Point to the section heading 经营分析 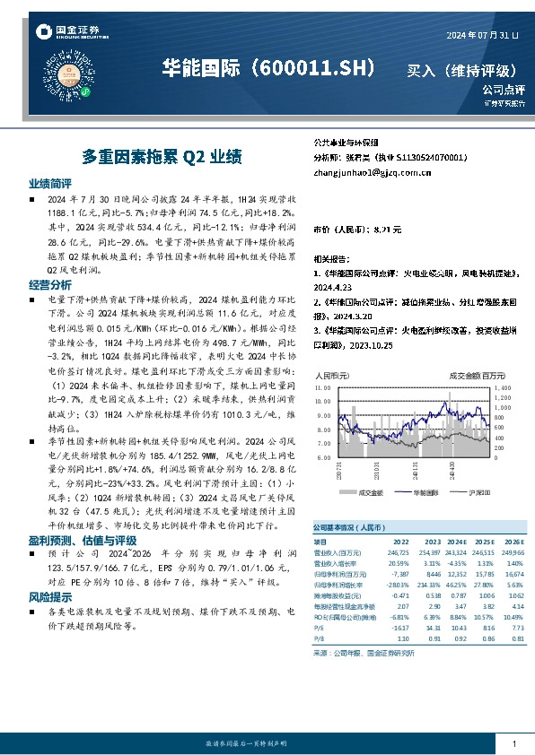click(x=48, y=284)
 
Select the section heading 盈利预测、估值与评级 click(x=83, y=541)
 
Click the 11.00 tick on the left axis click(x=321, y=386)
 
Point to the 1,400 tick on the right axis click(x=503, y=386)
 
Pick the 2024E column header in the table click(x=455, y=542)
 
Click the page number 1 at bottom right click(x=512, y=743)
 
